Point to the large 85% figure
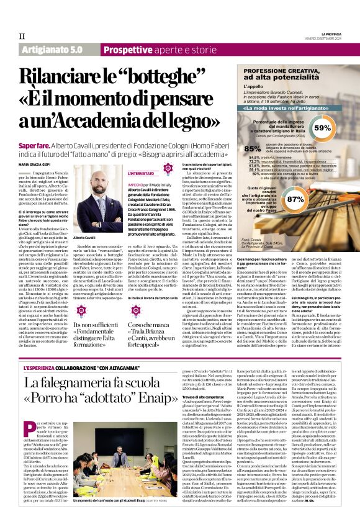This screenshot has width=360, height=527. pos(252,148)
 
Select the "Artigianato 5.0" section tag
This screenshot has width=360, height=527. pos(52,48)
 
